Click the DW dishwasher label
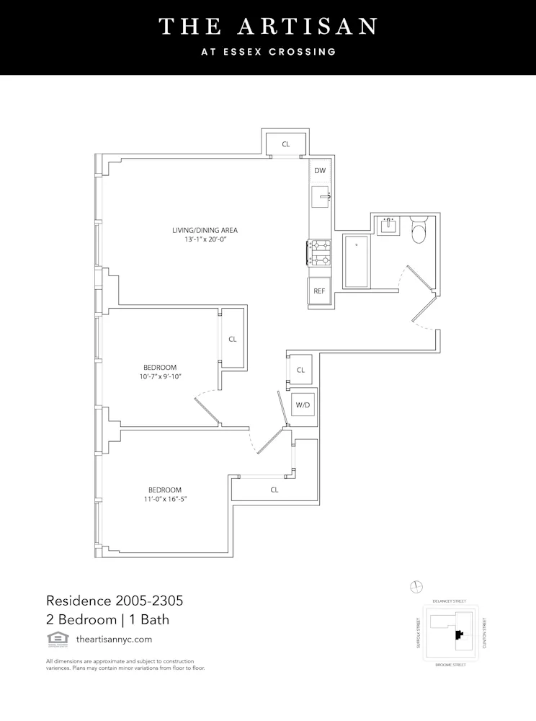pyautogui.click(x=320, y=171)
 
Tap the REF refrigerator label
pyautogui.click(x=319, y=293)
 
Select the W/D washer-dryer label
pyautogui.click(x=303, y=405)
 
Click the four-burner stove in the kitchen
pyautogui.click(x=320, y=253)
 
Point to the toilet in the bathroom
pyautogui.click(x=419, y=231)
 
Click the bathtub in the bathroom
pyautogui.click(x=357, y=261)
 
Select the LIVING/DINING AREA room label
pyautogui.click(x=205, y=230)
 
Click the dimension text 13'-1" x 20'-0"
pyautogui.click(x=205, y=240)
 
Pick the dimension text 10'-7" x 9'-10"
pyautogui.click(x=160, y=377)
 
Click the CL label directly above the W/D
pyautogui.click(x=300, y=370)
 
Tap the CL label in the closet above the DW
pyautogui.click(x=286, y=144)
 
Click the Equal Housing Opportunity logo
pyautogui.click(x=54, y=638)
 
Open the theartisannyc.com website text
pyautogui.click(x=113, y=639)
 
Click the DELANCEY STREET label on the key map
pyautogui.click(x=450, y=601)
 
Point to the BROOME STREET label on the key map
pyautogui.click(x=450, y=664)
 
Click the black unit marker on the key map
pyautogui.click(x=457, y=634)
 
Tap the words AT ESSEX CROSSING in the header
pyautogui.click(x=268, y=52)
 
